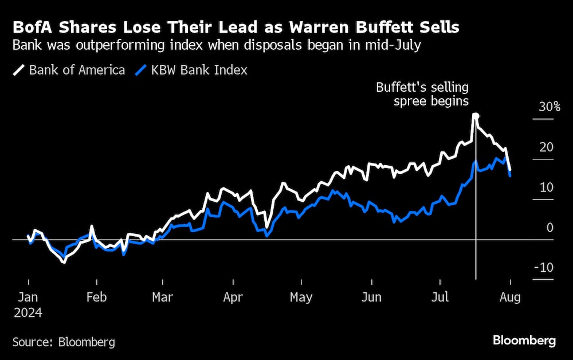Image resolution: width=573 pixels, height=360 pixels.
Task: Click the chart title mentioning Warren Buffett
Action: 236,27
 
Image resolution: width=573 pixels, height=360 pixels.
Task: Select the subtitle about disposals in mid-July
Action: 217,46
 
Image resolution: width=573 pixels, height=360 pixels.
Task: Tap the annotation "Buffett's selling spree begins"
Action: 422,95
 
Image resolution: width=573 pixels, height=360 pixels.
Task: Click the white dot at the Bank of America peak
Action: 475,116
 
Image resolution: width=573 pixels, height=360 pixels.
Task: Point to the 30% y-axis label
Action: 550,107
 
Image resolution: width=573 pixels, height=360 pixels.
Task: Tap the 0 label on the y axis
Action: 550,228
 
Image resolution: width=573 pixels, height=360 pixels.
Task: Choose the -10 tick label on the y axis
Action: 544,268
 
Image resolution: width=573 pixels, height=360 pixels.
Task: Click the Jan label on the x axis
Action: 28,298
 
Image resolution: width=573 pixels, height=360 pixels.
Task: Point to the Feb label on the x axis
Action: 96,298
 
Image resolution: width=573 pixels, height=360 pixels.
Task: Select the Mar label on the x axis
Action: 163,298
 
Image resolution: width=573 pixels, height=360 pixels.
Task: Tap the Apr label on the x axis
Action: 233,298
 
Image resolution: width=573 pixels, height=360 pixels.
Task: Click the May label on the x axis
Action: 301,298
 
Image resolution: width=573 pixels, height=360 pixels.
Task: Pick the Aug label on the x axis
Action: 510,298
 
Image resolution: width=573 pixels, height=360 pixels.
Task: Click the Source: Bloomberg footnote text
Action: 64,342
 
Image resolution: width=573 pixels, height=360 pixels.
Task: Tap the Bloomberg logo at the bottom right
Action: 524,341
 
